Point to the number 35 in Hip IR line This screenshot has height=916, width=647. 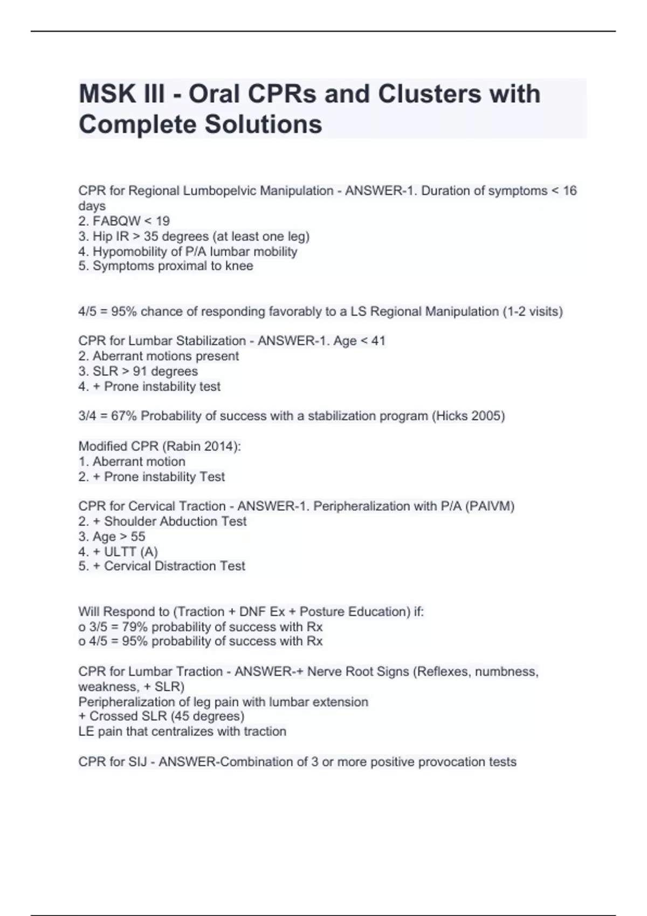(x=150, y=236)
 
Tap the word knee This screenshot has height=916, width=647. (x=240, y=266)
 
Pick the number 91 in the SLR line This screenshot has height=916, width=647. (x=142, y=371)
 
